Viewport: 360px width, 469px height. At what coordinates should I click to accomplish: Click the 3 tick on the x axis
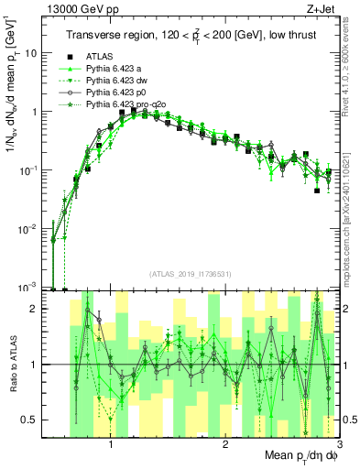coord(338,444)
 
